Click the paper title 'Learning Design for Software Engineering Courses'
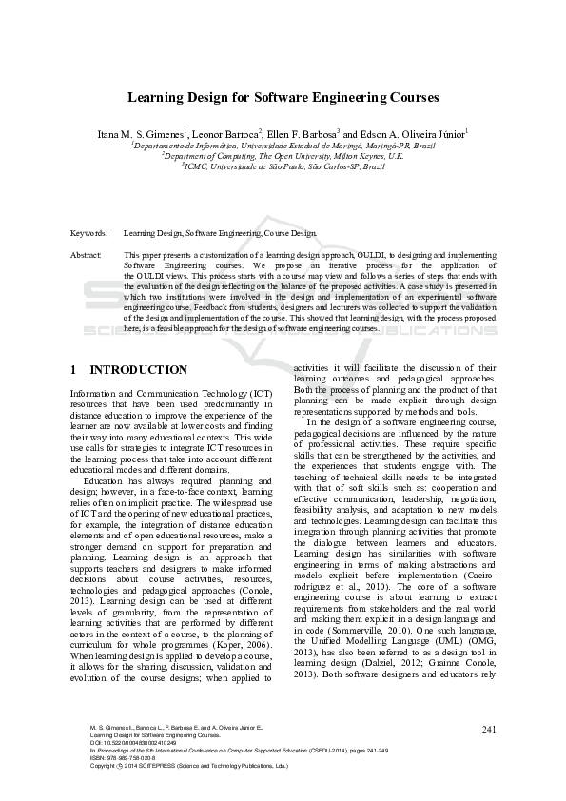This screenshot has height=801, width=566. [283, 97]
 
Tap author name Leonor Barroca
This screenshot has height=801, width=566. [227, 134]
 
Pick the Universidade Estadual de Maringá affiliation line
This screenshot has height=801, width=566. [283, 147]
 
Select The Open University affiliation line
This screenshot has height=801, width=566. [283, 156]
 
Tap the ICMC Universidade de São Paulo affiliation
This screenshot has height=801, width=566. [283, 166]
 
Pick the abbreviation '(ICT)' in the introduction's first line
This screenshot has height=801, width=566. [265, 393]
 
